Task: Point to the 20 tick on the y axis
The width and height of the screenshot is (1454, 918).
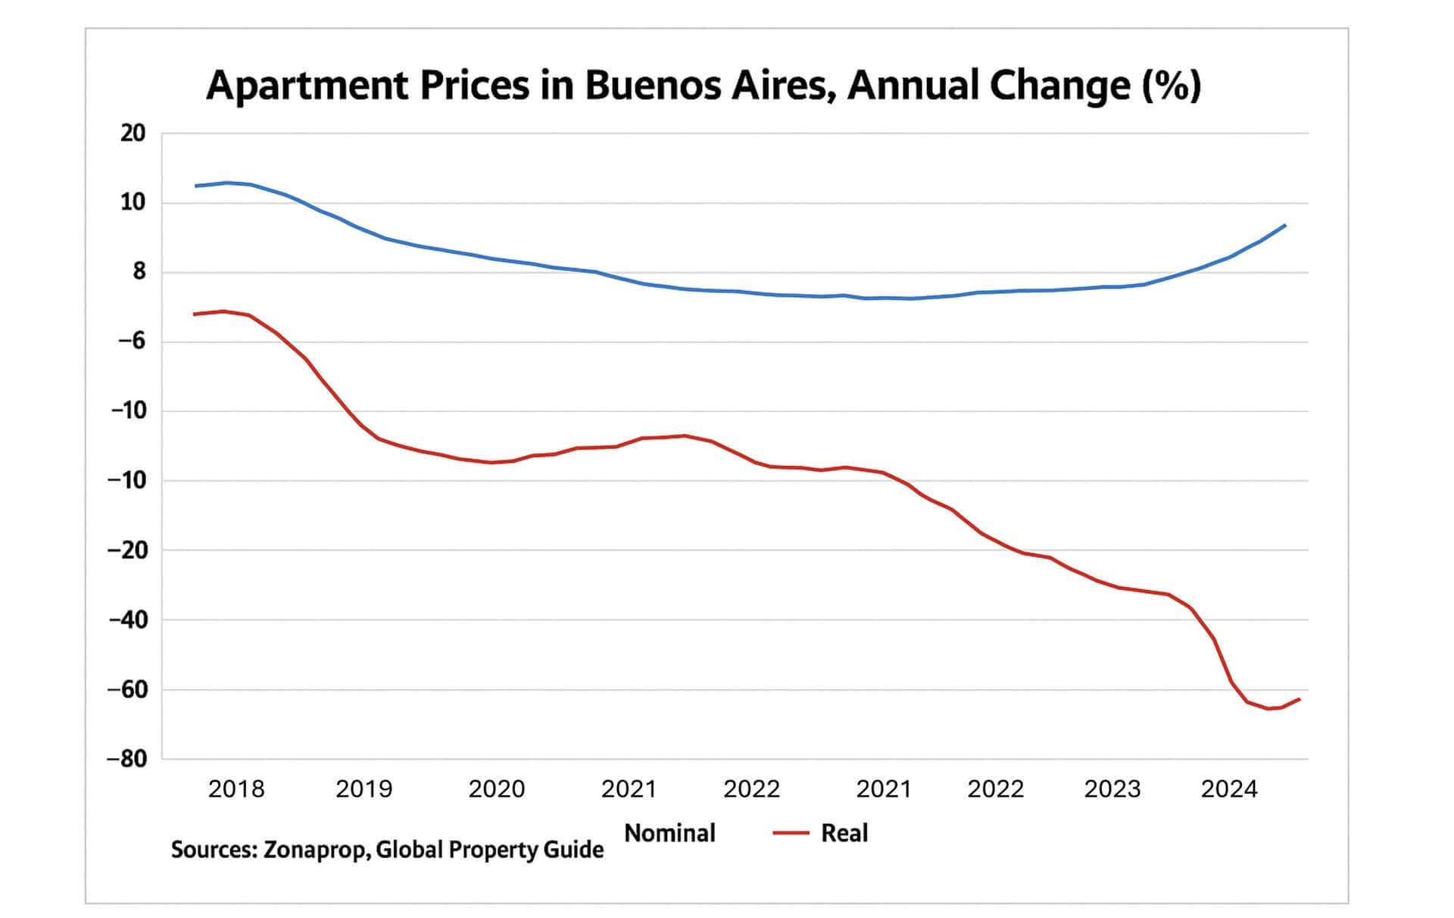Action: (133, 133)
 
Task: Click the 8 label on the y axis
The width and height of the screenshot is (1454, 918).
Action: (139, 272)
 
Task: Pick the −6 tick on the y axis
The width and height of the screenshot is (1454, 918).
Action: (131, 342)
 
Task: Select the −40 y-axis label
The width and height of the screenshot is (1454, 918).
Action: (127, 620)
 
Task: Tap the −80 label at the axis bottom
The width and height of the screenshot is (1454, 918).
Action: (127, 759)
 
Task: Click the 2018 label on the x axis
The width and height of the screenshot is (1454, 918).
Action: (236, 789)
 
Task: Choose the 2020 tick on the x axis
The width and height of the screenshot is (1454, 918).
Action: (497, 789)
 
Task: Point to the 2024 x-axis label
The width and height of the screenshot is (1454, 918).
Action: (1229, 789)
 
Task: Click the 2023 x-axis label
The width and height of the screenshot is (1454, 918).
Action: (1112, 789)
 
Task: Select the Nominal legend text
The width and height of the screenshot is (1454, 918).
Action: (669, 833)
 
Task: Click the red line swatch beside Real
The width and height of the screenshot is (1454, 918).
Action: (791, 833)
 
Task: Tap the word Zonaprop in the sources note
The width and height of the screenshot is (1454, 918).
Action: (316, 850)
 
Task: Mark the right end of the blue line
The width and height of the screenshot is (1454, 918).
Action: (1285, 225)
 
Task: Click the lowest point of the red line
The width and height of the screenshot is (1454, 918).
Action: (1269, 709)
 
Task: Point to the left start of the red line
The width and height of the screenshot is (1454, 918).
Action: (195, 314)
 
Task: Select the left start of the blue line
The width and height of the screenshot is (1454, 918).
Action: (195, 186)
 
